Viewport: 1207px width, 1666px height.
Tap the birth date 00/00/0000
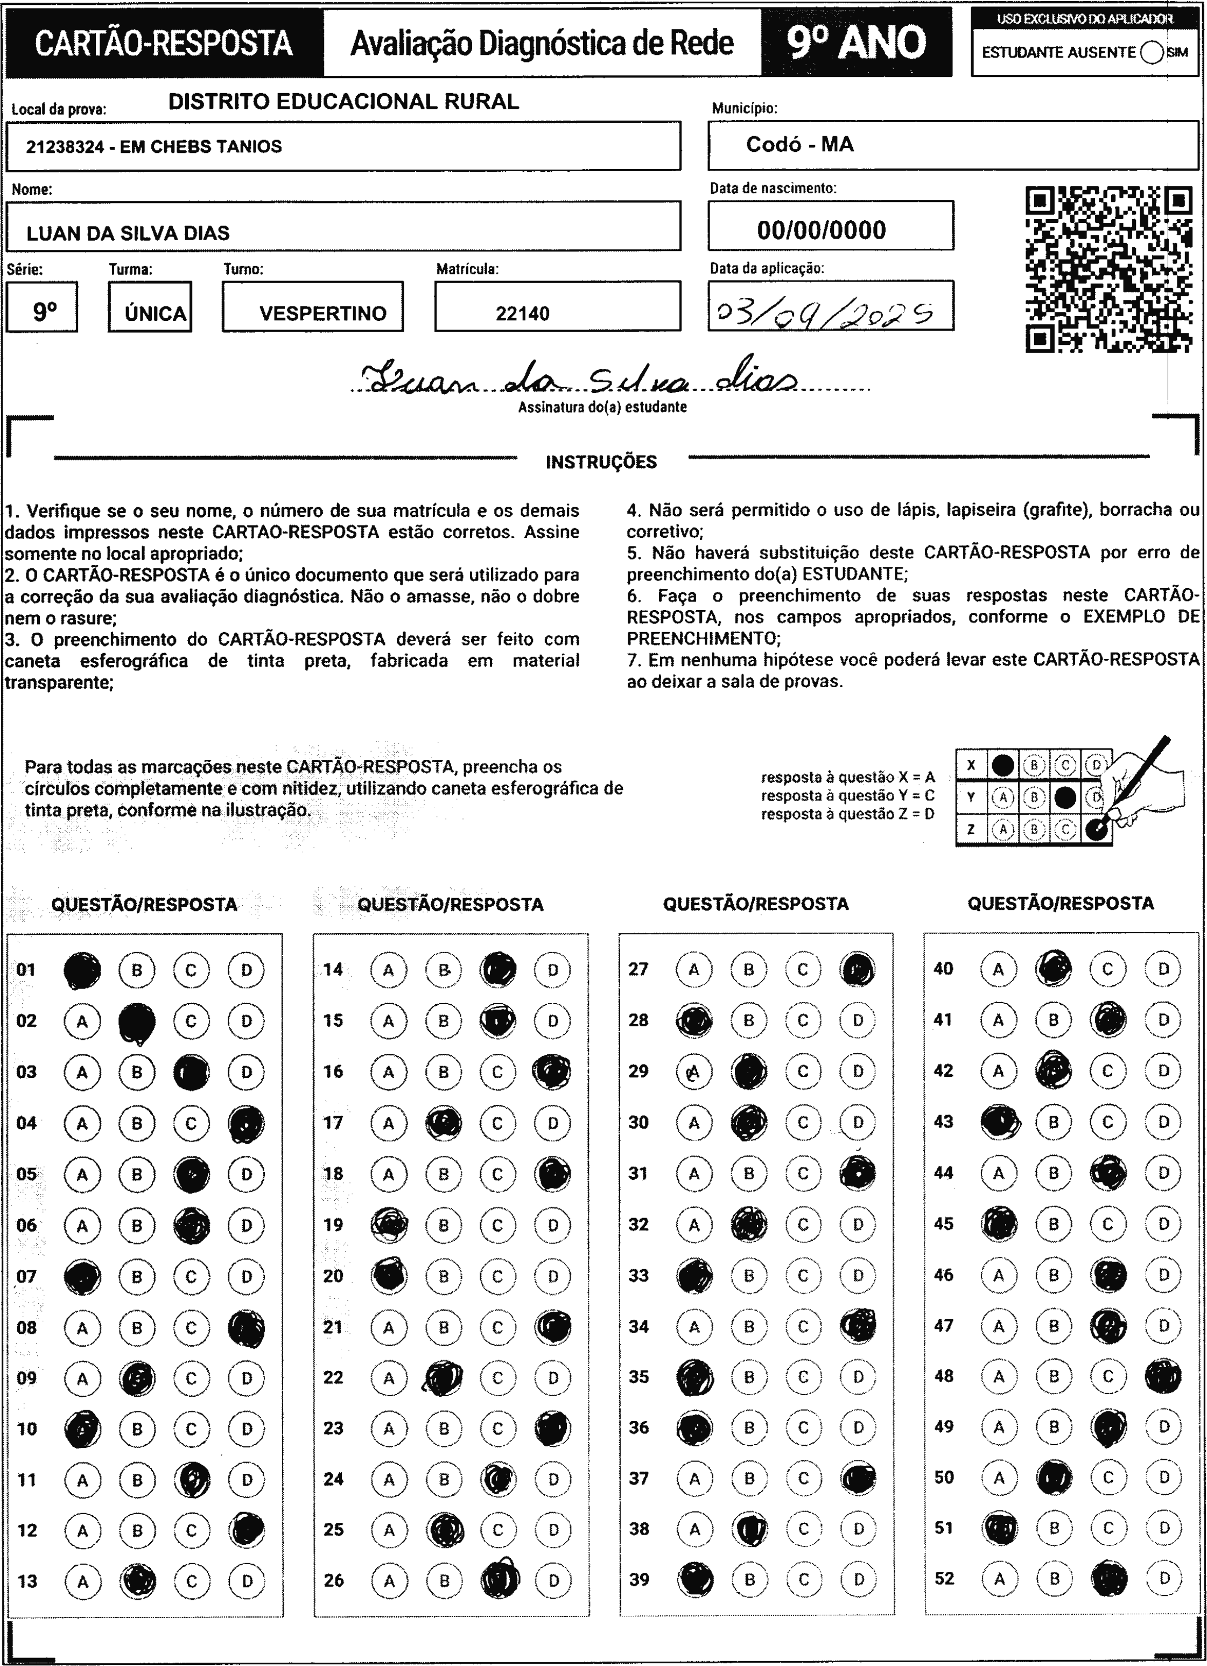point(822,230)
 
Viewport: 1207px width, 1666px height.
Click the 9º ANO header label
point(856,43)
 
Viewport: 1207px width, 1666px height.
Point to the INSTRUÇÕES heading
point(601,462)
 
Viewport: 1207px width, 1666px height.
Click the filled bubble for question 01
point(82,970)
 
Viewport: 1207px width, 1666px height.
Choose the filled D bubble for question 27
point(857,970)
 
